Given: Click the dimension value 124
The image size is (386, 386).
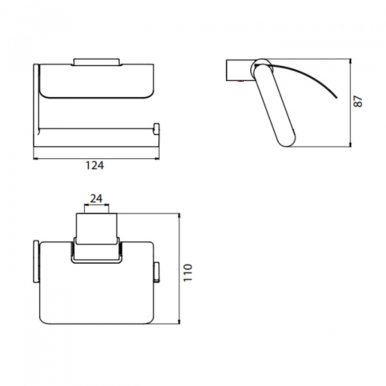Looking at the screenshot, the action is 95,165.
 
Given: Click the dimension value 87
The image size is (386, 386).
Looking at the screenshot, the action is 358,101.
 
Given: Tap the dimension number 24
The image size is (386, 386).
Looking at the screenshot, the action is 96,198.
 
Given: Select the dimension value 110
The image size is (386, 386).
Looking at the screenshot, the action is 188,273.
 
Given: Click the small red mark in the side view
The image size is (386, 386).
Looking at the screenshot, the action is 240,80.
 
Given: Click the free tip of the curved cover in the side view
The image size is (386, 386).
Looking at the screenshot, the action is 336,98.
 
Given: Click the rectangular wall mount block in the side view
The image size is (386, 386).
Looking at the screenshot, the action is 239,69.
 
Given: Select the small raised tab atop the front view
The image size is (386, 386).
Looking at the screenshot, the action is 96,62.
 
